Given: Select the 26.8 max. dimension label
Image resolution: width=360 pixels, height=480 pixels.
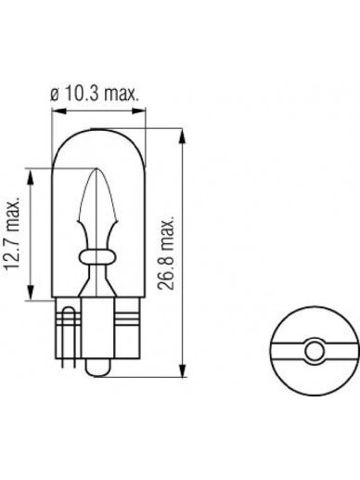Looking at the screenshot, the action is pos(166,253).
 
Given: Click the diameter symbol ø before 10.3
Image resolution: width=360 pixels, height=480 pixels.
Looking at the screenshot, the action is pos(54,96).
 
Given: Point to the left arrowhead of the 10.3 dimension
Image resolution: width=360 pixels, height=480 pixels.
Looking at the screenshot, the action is pos(59,110).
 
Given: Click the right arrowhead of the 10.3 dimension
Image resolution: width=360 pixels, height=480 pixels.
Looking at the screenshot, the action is pos(138,110).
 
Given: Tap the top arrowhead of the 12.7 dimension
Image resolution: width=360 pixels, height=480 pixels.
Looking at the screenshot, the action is pos(31,176).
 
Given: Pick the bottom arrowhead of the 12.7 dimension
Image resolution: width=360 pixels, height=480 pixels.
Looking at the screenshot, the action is pos(31,292).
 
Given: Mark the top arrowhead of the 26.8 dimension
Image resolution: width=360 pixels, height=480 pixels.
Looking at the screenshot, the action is pos(184,136).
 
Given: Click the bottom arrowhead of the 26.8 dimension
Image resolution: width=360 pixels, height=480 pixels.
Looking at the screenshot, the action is pos(184,370).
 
